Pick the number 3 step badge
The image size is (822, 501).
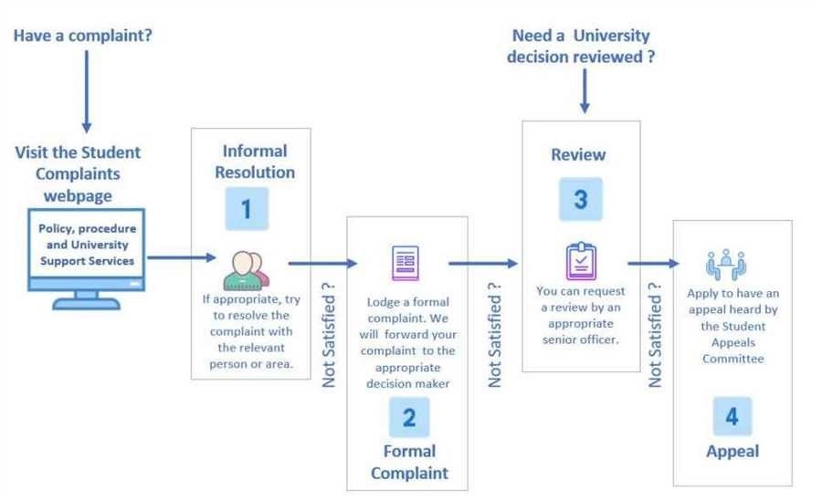(x=580, y=200)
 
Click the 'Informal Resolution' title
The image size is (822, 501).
(x=254, y=161)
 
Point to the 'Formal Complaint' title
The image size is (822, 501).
(x=408, y=462)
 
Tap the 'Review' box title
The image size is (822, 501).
(x=579, y=154)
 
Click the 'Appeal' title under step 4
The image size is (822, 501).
(x=732, y=451)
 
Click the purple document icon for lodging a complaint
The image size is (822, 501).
(x=406, y=265)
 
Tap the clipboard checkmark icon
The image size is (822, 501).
(x=581, y=260)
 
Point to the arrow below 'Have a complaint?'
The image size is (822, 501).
(x=87, y=91)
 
